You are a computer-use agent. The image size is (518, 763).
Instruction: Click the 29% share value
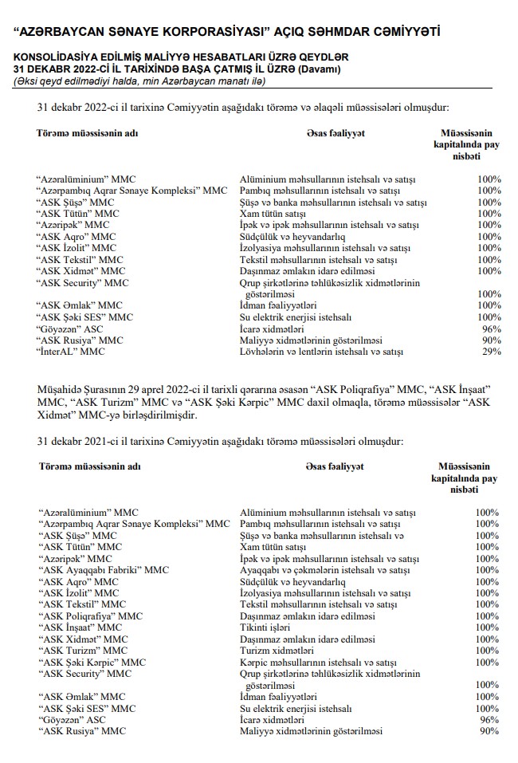tap(490, 351)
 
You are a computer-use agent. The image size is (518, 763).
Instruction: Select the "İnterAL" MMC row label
tap(71, 351)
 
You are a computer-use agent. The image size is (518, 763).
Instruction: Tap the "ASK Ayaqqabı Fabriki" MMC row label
tap(104, 570)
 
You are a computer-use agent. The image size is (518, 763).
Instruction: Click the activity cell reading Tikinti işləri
tap(267, 627)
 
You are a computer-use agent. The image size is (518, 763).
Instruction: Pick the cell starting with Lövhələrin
tap(321, 351)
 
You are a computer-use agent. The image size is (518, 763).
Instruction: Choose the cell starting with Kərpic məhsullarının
tap(318, 662)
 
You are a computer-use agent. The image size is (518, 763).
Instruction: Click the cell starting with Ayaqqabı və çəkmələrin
tap(324, 570)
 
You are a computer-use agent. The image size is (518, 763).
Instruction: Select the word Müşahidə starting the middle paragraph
tap(61, 387)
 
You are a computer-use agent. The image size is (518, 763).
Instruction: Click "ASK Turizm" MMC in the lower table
tap(83, 651)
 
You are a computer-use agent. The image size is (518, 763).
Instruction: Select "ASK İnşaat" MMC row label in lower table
tap(81, 627)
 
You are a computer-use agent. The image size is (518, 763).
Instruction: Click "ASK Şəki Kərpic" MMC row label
tap(92, 662)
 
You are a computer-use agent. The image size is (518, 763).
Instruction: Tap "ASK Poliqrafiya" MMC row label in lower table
tap(90, 616)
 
